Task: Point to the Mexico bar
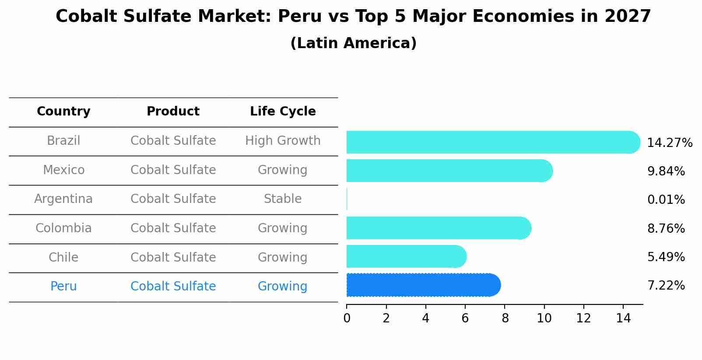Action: [449, 171]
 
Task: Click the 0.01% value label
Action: [666, 200]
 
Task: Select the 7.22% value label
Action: [666, 286]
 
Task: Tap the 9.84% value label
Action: [666, 171]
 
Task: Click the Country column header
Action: [63, 112]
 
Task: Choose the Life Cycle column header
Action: [283, 112]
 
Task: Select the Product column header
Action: [173, 112]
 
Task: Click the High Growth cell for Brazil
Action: [283, 141]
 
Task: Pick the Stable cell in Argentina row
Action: [283, 199]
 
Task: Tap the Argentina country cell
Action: [63, 199]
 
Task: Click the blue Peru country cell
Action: [63, 287]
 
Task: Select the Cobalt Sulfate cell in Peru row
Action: [173, 287]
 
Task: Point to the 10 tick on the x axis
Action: [544, 318]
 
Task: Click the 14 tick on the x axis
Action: [623, 318]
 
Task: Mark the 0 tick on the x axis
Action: [347, 318]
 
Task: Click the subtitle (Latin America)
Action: [353, 43]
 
